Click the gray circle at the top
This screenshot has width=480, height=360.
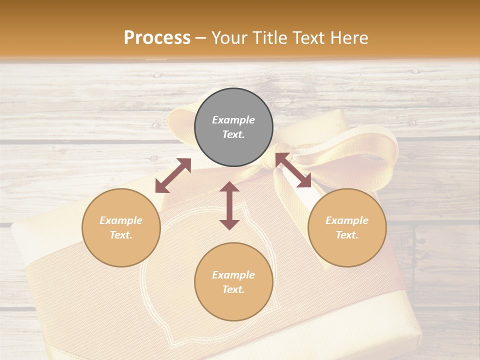pos(233,127)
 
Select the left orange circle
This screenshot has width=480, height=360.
pos(121,227)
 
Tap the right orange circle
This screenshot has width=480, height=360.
pos(347,227)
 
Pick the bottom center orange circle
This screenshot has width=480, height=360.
pos(233,281)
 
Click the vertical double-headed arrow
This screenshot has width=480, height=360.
pos(229,205)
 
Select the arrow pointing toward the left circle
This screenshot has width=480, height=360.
pos(173,175)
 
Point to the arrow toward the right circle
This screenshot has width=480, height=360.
pos(293,170)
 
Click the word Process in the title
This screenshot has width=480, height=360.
pos(157,37)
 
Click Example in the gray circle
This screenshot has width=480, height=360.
pos(233,120)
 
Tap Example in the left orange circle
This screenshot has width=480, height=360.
pos(121,220)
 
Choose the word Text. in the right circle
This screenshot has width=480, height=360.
pos(347,235)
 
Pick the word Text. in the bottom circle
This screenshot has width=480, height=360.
pos(233,289)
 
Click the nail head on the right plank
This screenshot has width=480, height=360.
pos(412,122)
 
